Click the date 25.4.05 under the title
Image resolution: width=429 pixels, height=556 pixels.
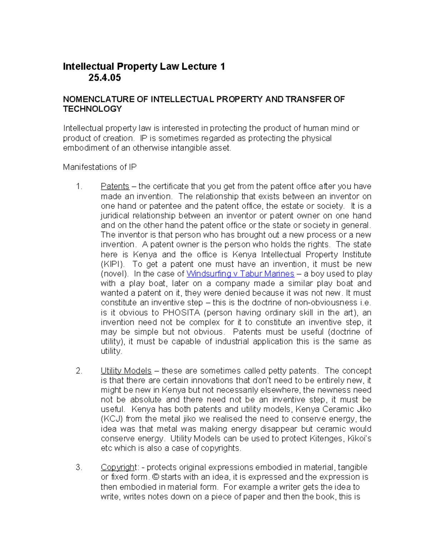click(104, 78)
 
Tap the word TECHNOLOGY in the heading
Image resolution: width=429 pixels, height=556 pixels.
click(92, 109)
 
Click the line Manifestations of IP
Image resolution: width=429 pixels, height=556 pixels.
click(100, 167)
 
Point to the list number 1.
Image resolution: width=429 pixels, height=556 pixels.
click(79, 187)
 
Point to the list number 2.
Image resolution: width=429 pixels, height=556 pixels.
click(79, 371)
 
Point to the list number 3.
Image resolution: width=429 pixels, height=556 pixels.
click(79, 468)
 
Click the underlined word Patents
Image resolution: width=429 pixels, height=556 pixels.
click(115, 187)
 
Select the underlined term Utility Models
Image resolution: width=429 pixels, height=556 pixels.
click(126, 371)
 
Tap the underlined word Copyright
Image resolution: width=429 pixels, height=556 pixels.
click(118, 468)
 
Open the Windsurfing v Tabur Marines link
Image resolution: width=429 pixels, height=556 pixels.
click(240, 274)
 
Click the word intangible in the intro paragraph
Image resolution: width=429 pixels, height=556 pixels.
click(189, 148)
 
